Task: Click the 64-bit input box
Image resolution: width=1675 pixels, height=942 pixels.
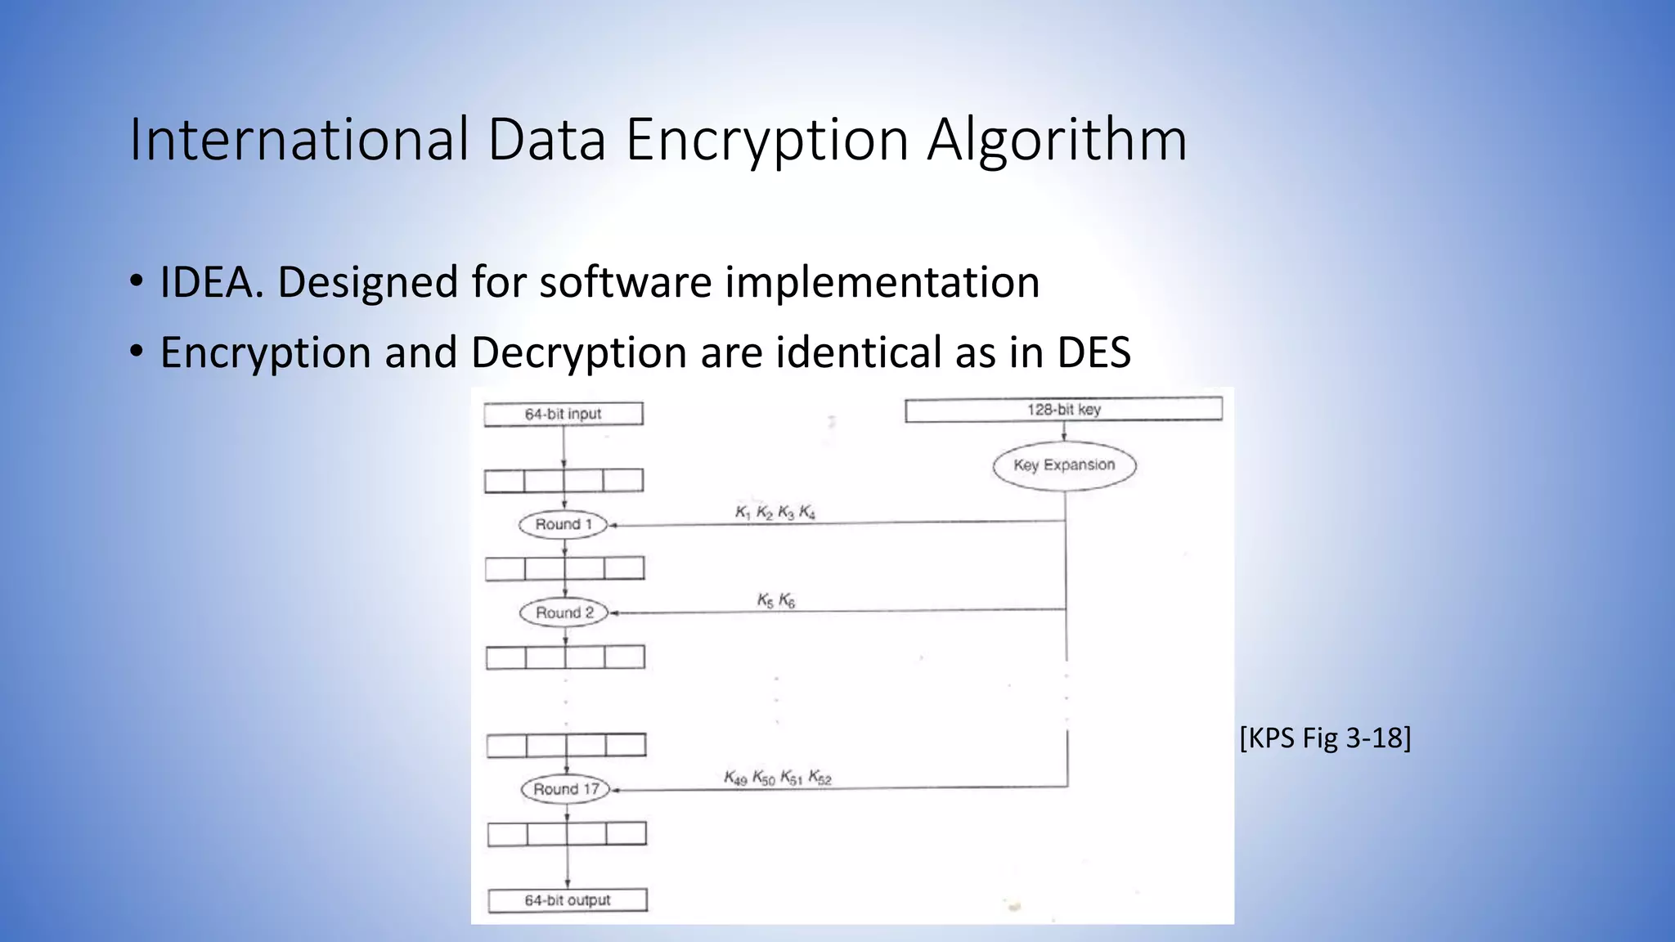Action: [x=564, y=414]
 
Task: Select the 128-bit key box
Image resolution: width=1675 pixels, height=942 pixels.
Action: [x=1063, y=409]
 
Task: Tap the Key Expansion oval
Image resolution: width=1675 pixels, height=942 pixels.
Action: [x=1064, y=465]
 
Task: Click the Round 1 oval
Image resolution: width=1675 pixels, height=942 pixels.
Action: [x=564, y=524]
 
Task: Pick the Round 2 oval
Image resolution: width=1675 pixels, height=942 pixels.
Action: [x=564, y=612]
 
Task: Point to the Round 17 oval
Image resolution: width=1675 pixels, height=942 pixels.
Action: [x=566, y=789]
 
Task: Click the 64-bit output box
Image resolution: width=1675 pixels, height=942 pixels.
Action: [x=568, y=900]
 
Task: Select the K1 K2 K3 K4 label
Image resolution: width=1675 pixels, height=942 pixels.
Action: [x=775, y=513]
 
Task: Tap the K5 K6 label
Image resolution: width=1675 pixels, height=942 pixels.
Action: [x=776, y=601]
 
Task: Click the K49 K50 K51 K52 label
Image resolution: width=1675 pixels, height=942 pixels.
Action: [x=777, y=778]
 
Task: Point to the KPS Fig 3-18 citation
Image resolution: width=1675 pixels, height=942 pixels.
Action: [x=1325, y=738]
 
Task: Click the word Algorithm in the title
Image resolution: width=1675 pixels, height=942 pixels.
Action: [x=1057, y=140]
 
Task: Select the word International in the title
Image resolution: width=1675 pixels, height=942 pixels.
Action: [x=299, y=140]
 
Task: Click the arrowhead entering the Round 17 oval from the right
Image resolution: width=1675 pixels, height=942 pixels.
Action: [x=615, y=790]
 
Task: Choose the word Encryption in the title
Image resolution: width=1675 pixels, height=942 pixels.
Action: [x=767, y=140]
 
